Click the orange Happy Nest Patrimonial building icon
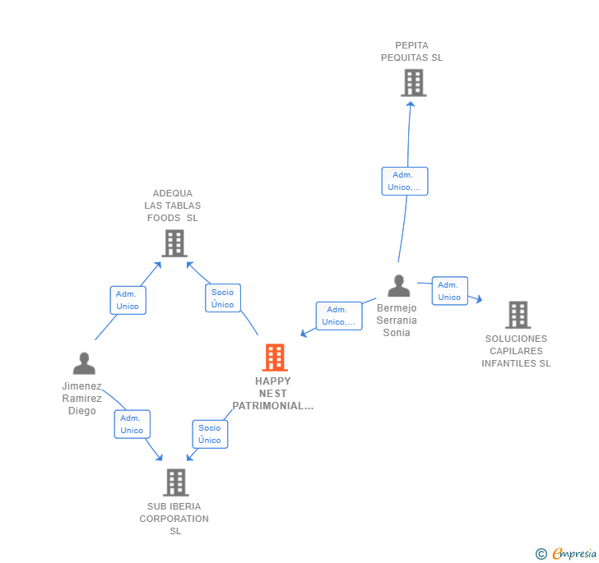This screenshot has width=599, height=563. click(x=274, y=358)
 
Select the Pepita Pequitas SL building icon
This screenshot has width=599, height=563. click(x=413, y=83)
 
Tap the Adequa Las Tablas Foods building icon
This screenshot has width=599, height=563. click(x=174, y=243)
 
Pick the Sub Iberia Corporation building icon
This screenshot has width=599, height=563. click(x=175, y=482)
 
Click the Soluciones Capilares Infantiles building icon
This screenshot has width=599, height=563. click(x=518, y=315)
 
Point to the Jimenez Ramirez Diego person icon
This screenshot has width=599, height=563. click(x=83, y=363)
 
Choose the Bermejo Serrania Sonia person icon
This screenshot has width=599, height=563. click(x=399, y=286)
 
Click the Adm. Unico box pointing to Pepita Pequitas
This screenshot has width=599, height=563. click(x=404, y=181)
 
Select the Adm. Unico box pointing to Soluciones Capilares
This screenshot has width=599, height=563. click(x=449, y=291)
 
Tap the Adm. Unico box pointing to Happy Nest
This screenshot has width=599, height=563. click(x=339, y=316)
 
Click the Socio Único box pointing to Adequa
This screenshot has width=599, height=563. click(x=222, y=298)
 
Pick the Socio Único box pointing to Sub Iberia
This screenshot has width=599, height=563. click(x=210, y=434)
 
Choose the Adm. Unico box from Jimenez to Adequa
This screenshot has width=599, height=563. click(x=128, y=300)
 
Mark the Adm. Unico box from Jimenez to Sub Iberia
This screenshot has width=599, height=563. click(x=132, y=424)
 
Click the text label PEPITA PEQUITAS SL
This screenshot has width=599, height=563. click(x=411, y=52)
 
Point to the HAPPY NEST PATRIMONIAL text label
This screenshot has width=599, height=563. click(x=273, y=394)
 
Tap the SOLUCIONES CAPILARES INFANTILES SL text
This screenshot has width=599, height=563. click(x=516, y=351)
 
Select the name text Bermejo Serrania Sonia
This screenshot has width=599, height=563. click(x=397, y=321)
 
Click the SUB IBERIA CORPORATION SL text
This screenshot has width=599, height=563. click(x=174, y=519)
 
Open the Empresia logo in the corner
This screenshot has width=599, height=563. click(x=566, y=554)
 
